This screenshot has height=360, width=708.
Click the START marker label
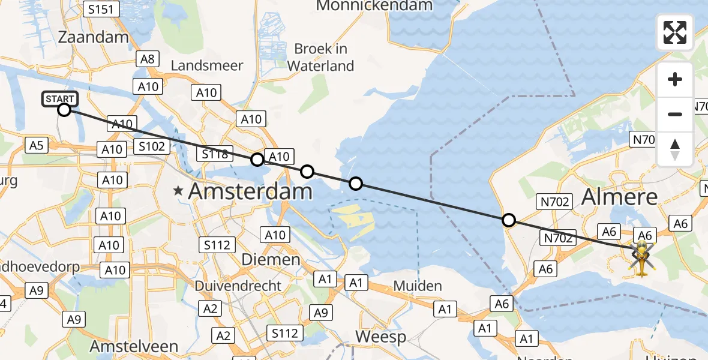(x=60, y=99)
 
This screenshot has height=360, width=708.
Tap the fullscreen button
(x=675, y=32)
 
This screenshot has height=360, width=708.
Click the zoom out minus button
(x=675, y=114)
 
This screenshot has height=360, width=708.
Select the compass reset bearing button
(x=675, y=149)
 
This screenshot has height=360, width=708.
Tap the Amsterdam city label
(x=250, y=192)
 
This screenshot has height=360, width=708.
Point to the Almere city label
(x=620, y=196)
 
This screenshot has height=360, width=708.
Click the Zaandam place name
(x=94, y=37)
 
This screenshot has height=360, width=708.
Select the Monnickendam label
(x=374, y=6)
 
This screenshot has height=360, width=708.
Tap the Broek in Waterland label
(x=320, y=57)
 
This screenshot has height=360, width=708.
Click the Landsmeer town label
(x=206, y=65)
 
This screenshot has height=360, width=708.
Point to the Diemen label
(x=270, y=260)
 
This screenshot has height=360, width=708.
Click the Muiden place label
(x=418, y=286)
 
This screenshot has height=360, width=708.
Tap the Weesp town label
(x=381, y=337)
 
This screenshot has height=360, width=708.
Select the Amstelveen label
(x=134, y=346)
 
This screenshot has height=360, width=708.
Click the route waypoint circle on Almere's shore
(x=509, y=220)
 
